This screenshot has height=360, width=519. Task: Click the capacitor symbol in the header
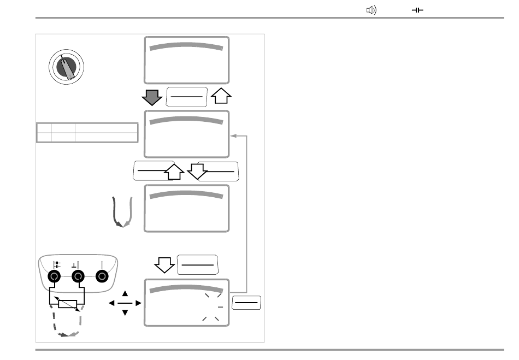pos(418,10)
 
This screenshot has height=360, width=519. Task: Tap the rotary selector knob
pos(67,67)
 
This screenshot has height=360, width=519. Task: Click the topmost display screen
pos(186,60)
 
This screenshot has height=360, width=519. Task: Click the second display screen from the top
pos(186,134)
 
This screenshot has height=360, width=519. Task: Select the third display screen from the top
pos(186,208)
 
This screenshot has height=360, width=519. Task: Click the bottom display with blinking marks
pos(186,303)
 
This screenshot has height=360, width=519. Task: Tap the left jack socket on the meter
pos(55,277)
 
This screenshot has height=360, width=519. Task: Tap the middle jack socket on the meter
pos(78,277)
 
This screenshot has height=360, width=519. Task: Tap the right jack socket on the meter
pos(102,277)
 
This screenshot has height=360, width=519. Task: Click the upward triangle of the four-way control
pos(124,293)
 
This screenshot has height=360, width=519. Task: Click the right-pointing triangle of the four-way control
pos(138,303)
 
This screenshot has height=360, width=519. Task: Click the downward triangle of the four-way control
pos(124,312)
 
